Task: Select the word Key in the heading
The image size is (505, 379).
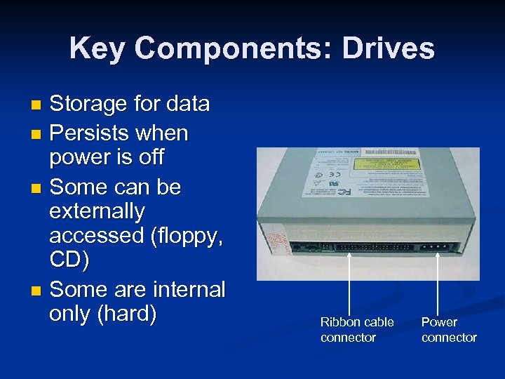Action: coord(97,48)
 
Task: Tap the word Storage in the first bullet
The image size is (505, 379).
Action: coord(90,105)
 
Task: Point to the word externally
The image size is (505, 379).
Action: coord(97,211)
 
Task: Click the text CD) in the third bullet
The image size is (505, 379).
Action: coord(69,260)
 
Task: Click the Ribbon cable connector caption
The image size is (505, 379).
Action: coord(357,330)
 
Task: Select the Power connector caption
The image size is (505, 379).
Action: coord(449,330)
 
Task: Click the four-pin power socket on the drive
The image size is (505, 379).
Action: coord(435,247)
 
